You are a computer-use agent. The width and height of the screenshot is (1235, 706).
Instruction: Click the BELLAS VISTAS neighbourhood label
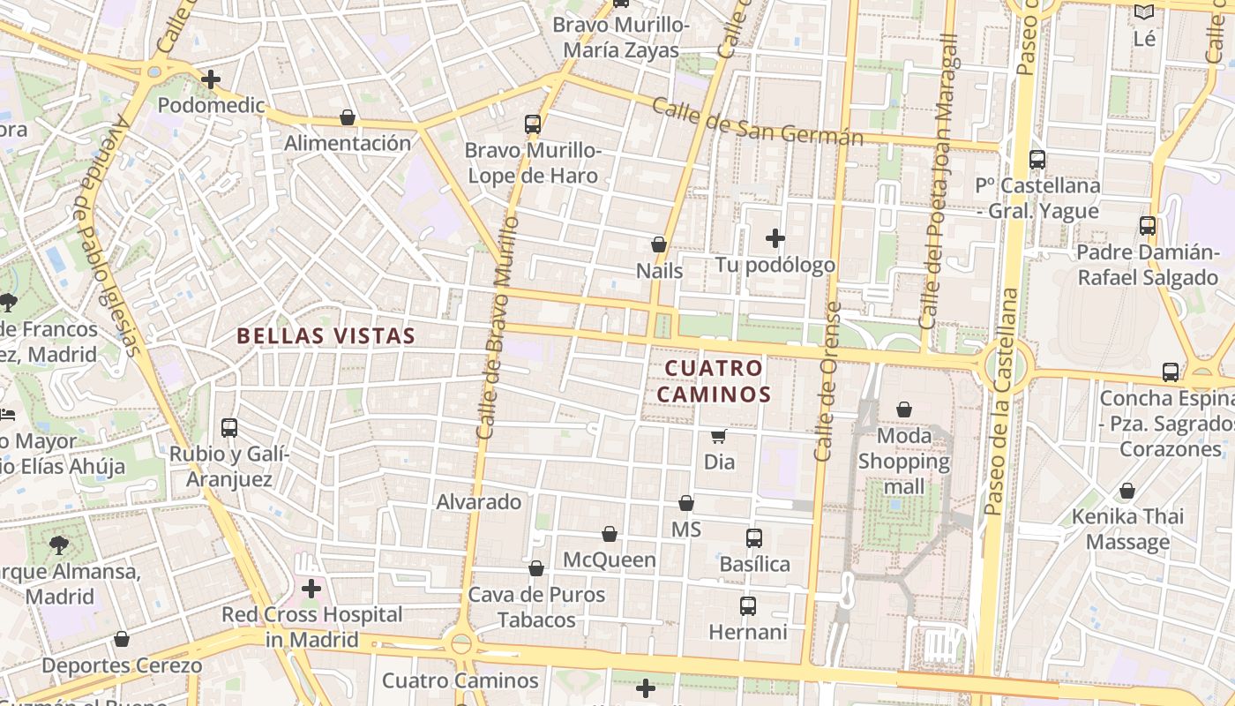coord(326,336)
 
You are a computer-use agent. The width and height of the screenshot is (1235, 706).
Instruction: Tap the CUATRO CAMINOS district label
coord(714,381)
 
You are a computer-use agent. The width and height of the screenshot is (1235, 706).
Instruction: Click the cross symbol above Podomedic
coord(211,79)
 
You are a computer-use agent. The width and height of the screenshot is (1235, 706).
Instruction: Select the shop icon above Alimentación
coord(348,117)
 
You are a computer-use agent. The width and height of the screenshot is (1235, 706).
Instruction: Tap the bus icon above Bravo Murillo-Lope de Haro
coord(533,124)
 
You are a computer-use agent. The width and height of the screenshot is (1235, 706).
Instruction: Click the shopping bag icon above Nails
coord(659,244)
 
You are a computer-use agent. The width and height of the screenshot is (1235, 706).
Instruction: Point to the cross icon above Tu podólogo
coord(775,238)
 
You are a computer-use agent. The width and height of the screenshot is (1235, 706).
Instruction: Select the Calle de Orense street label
coord(827,381)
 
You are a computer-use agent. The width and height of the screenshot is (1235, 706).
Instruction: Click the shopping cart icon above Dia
coord(719,436)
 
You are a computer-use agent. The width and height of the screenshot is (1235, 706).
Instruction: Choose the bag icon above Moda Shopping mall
coord(904,409)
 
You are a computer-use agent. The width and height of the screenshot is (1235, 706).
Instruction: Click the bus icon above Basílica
coord(754,538)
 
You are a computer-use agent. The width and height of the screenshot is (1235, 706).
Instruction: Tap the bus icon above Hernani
coord(748,606)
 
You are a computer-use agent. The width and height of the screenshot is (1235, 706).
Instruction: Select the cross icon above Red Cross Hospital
coord(311,588)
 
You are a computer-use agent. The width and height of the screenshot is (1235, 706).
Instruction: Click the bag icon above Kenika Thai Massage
coord(1127,491)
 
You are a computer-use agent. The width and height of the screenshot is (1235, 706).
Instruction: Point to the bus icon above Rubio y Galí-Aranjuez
coord(229,428)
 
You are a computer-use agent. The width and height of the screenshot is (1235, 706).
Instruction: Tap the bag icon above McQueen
coord(610,534)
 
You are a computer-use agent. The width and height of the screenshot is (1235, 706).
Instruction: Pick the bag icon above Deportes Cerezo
coord(122,639)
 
